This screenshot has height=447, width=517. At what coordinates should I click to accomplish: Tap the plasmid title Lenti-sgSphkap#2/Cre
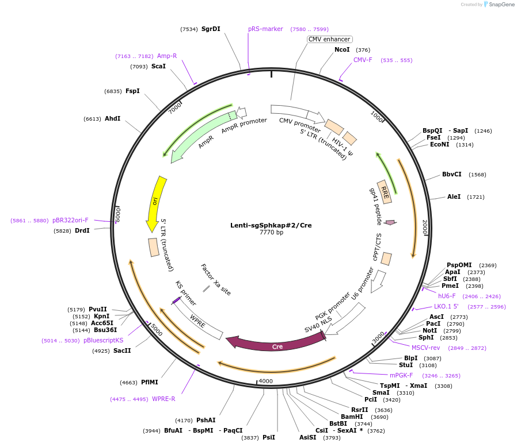(x=271, y=225)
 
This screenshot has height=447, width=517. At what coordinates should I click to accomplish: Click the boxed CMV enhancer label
(x=329, y=39)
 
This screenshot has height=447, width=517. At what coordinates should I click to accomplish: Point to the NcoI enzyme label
(x=342, y=50)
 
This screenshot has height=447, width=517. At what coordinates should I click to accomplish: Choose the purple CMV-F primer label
(x=363, y=60)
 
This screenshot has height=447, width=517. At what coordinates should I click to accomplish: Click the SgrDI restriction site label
(x=211, y=29)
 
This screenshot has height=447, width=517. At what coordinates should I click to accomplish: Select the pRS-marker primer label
(x=265, y=29)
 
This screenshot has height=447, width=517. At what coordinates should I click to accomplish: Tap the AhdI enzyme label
(x=112, y=118)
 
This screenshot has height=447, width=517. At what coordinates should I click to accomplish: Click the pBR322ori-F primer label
(x=70, y=220)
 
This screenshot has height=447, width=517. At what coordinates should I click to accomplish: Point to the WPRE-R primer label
(x=164, y=399)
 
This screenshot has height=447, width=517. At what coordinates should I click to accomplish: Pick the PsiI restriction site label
(x=269, y=437)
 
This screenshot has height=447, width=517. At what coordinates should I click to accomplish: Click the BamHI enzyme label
(x=352, y=417)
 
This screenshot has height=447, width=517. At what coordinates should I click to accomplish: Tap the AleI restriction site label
(x=454, y=196)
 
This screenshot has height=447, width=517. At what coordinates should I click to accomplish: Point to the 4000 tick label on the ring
(x=265, y=381)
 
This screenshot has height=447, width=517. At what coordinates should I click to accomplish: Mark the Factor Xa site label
(x=215, y=280)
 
